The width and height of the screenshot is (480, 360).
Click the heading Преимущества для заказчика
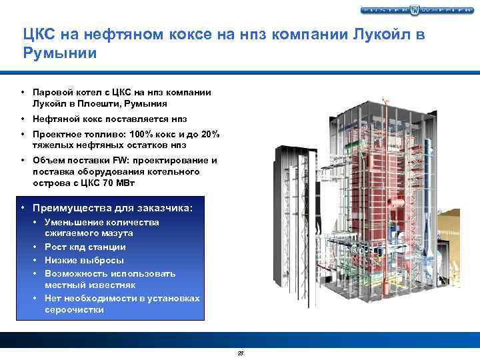tap(113, 208)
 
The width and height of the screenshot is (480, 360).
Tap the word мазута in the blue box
tap(115, 233)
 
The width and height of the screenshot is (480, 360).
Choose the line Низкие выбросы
tap(84, 260)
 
